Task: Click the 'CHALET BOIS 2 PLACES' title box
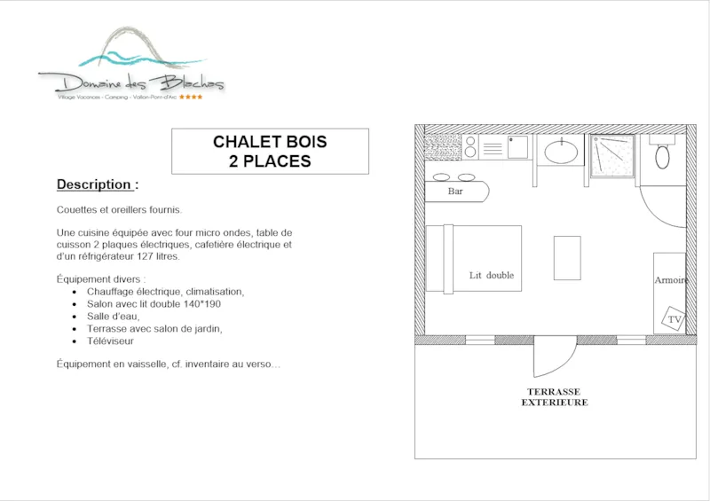270,152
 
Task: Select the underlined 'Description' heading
97,184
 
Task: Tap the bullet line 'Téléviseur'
110,341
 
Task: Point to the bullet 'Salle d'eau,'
114,316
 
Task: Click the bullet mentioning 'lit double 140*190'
153,303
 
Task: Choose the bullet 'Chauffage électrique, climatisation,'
165,291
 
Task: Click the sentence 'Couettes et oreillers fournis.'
119,210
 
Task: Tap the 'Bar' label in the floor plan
455,191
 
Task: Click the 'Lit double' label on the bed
492,275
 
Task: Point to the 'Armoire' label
670,280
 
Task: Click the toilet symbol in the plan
662,157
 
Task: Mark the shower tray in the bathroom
613,156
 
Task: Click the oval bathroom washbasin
561,152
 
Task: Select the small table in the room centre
566,257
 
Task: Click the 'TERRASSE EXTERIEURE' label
553,396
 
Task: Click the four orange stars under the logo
191,97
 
